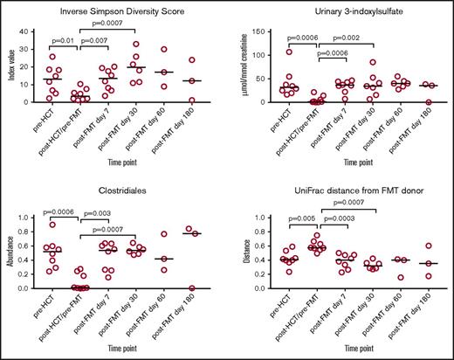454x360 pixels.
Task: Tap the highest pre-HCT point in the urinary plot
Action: pos(288,51)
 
